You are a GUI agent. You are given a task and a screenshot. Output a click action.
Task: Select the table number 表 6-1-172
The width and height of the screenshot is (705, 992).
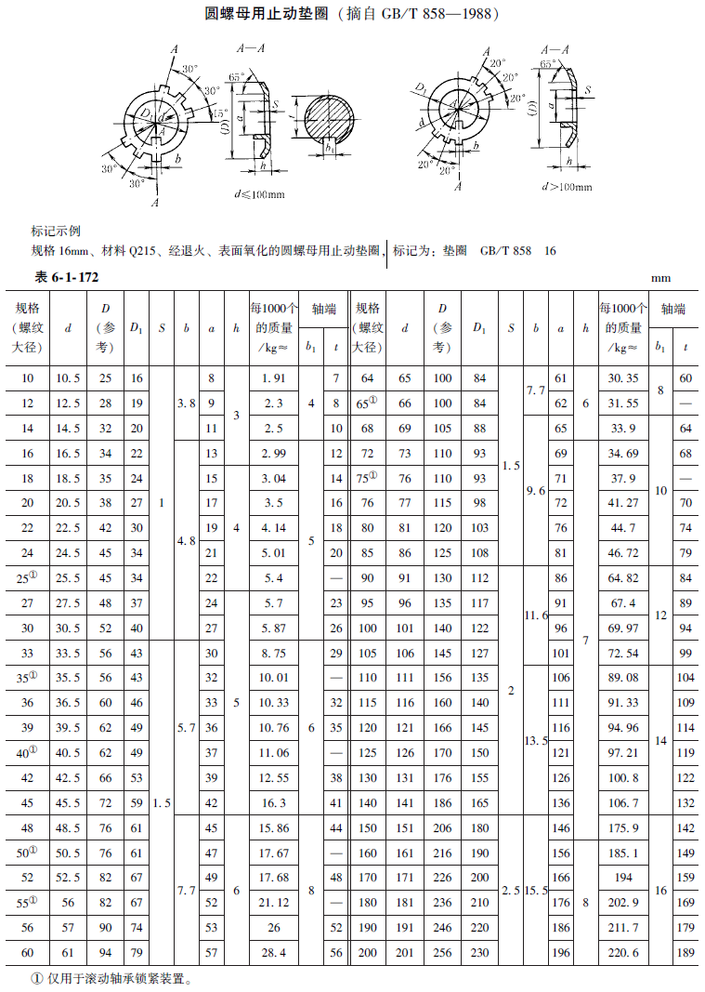click(67, 278)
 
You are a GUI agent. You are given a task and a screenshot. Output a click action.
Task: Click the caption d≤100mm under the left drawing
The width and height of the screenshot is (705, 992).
click(259, 193)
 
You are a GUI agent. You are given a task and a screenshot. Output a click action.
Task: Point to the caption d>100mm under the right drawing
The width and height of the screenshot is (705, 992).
click(567, 186)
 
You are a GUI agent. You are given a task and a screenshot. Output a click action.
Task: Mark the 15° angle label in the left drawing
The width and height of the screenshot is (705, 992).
click(220, 112)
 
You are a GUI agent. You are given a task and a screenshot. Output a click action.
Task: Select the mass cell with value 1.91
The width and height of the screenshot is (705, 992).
click(273, 378)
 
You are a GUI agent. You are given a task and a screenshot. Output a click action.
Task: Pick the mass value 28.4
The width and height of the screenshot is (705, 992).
click(273, 953)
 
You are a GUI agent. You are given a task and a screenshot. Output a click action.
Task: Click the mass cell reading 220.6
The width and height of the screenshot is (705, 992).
click(622, 953)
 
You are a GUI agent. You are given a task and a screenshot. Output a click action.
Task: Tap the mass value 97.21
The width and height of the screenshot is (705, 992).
click(622, 752)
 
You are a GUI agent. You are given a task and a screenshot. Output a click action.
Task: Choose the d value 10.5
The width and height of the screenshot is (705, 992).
click(68, 378)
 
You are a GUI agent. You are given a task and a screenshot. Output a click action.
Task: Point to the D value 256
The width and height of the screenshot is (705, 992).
click(443, 953)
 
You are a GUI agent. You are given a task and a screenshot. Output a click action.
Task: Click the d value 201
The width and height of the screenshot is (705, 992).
click(405, 953)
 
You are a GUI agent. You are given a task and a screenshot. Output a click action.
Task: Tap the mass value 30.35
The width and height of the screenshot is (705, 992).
click(622, 378)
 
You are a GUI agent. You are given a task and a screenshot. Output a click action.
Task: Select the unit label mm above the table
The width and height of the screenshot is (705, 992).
click(660, 278)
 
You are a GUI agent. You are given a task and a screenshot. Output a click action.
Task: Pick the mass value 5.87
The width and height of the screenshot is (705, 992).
click(273, 628)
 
